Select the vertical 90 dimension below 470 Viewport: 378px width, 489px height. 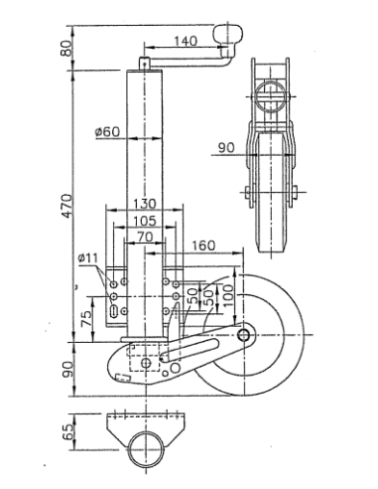pos(67,372)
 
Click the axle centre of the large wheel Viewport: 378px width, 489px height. pos(244,337)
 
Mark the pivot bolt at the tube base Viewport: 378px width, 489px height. pos(147,364)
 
